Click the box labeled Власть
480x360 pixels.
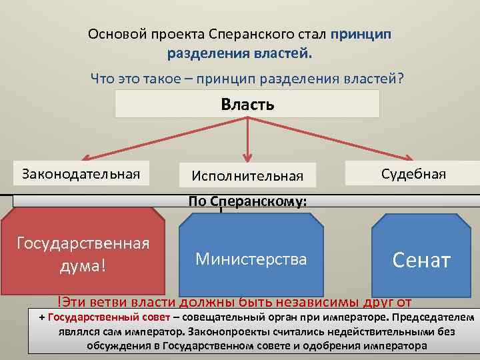coord(247,105)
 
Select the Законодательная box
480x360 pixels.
coord(81,174)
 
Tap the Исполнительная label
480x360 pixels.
coord(247,176)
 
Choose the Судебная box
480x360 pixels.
coord(413,174)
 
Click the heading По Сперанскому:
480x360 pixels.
coord(248,201)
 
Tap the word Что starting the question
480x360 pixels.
coord(103,79)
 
